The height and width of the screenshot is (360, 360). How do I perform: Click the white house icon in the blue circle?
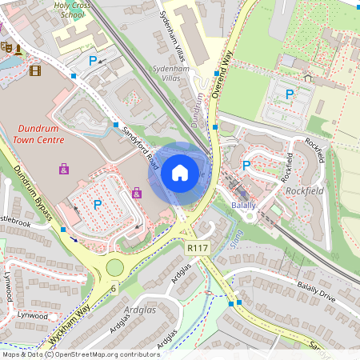[180, 172]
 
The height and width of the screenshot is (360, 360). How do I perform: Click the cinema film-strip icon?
[34, 70]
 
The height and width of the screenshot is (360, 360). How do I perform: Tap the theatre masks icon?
[7, 47]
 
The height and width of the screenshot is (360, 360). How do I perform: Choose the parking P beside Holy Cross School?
[93, 60]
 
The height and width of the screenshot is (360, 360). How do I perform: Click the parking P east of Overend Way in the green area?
[290, 94]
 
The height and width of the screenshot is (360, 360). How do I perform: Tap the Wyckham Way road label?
[67, 319]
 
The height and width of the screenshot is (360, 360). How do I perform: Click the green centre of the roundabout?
[115, 267]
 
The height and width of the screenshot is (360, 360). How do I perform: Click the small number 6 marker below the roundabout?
[114, 288]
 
